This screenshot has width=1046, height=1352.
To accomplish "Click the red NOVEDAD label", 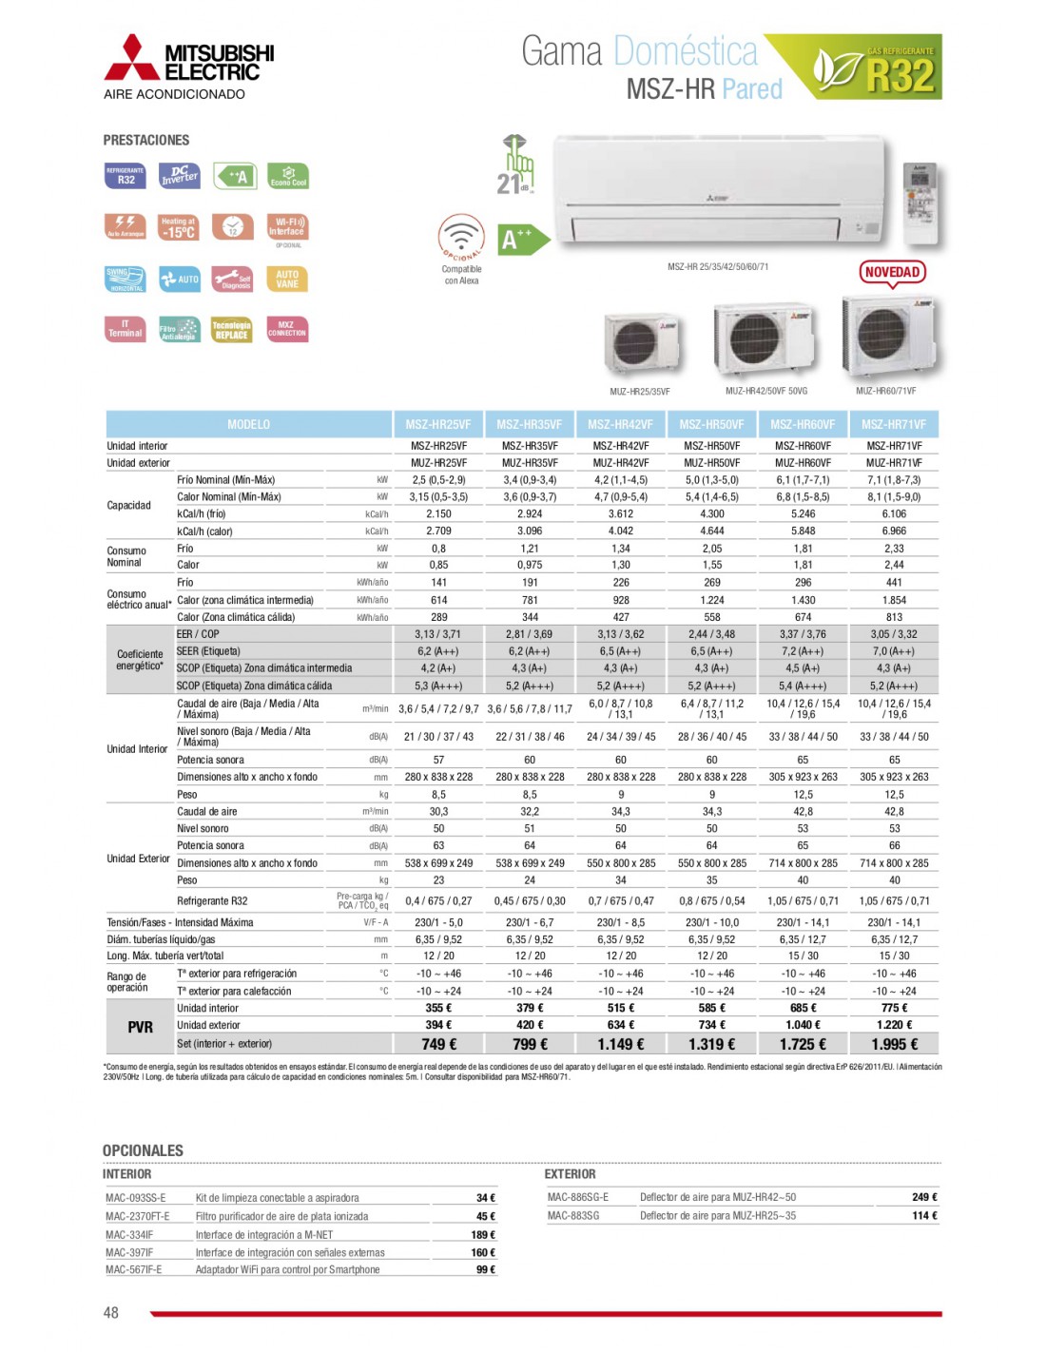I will pyautogui.click(x=892, y=273).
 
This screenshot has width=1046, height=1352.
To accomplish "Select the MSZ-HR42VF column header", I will pyautogui.click(x=620, y=425).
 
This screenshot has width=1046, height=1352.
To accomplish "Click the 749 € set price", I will pyautogui.click(x=438, y=1044).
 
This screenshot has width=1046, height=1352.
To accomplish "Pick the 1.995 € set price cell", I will pyautogui.click(x=894, y=1044).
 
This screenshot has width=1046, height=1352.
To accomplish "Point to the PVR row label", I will pyautogui.click(x=140, y=1027).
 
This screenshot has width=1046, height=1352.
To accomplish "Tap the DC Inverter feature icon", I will pyautogui.click(x=179, y=176).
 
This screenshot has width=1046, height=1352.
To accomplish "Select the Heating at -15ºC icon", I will pyautogui.click(x=179, y=227).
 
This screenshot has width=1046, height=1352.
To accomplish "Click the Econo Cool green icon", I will pyautogui.click(x=288, y=176).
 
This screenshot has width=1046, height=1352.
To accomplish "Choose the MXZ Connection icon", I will pyautogui.click(x=287, y=329).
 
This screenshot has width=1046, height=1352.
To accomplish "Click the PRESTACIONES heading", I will pyautogui.click(x=146, y=140).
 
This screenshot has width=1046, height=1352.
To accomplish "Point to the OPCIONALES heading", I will pyautogui.click(x=143, y=1150).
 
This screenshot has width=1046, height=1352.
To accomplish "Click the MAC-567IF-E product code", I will pyautogui.click(x=134, y=1270).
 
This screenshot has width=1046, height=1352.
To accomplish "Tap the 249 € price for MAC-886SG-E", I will pyautogui.click(x=923, y=1197).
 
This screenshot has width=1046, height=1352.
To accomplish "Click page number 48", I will pyautogui.click(x=111, y=1312).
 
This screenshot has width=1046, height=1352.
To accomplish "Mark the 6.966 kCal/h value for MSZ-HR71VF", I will pyautogui.click(x=894, y=531).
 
